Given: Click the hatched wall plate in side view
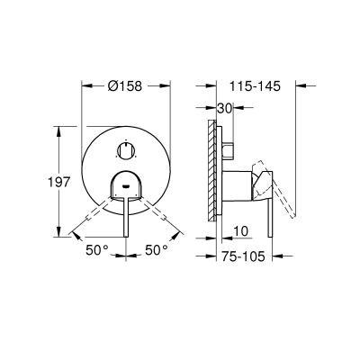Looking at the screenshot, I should (x=212, y=171).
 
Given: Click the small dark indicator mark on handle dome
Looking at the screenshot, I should (x=126, y=188).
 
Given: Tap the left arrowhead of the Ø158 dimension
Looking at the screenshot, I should (x=85, y=86).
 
